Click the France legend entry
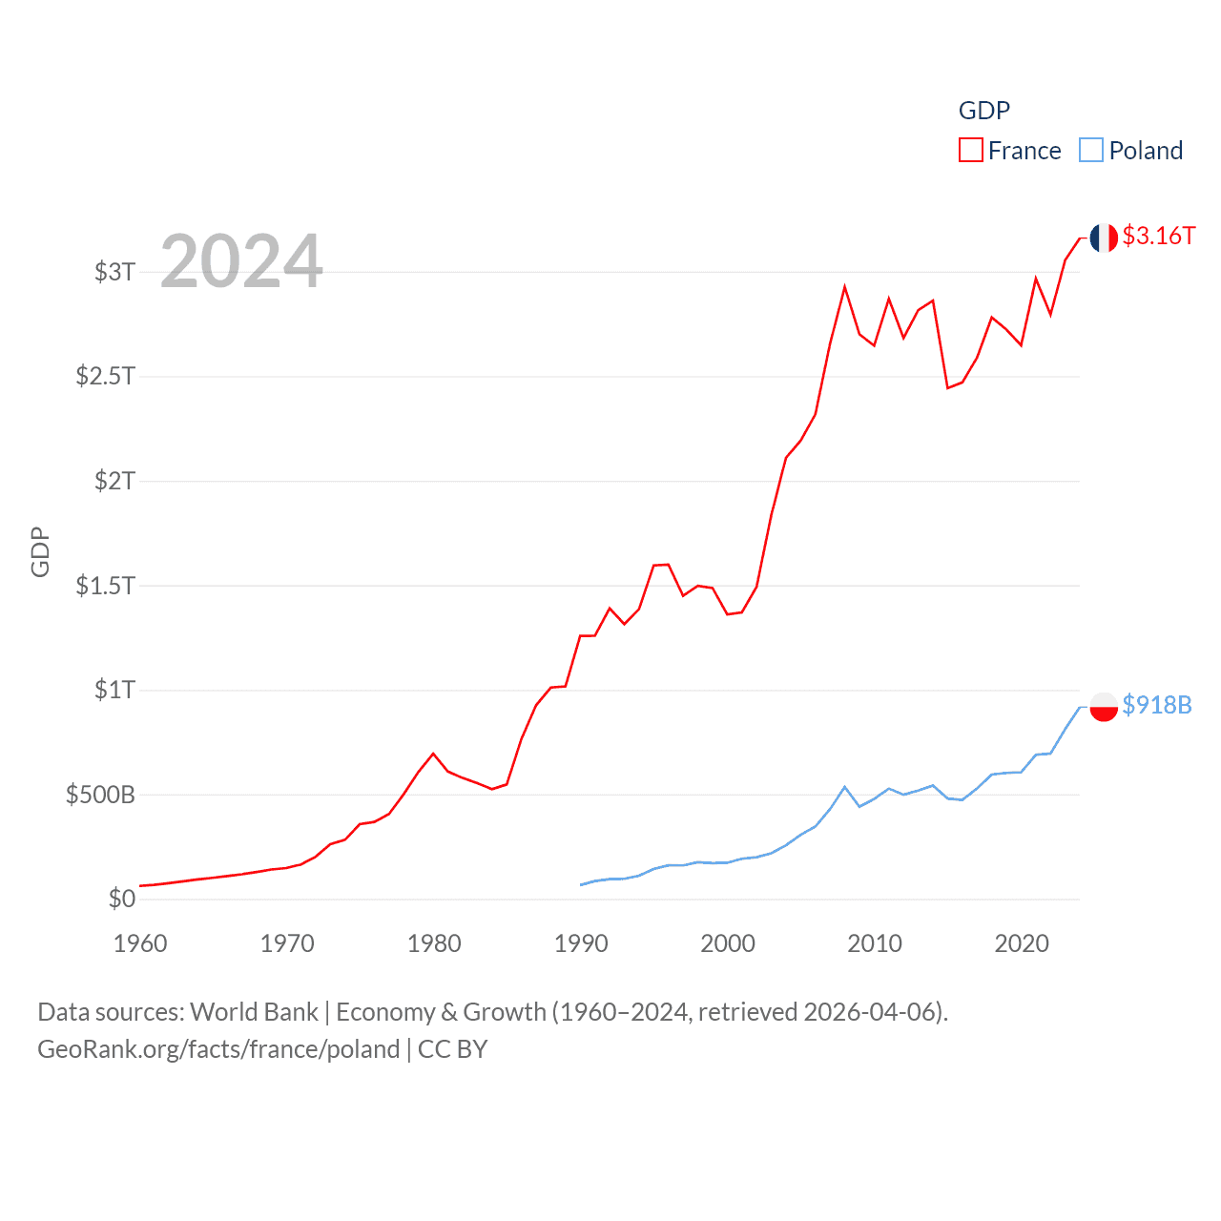coord(1010,151)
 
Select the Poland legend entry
coord(1131,151)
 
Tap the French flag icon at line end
coord(1104,238)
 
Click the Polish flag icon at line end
coord(1104,707)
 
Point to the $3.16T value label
coord(1158,236)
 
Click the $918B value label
coord(1156,705)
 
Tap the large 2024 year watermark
coord(241,261)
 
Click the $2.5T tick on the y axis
coord(106,376)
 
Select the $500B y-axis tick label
coord(100,795)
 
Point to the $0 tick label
coord(122,899)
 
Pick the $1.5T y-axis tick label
coord(106,585)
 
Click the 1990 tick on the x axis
coord(581,943)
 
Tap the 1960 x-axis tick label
coord(140,943)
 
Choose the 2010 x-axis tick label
coord(875,943)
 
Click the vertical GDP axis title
coord(40,551)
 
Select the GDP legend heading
coord(983,111)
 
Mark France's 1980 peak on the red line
coord(433,754)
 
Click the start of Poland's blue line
coord(581,884)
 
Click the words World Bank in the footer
coord(254,1011)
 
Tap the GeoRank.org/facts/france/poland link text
coord(218,1049)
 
